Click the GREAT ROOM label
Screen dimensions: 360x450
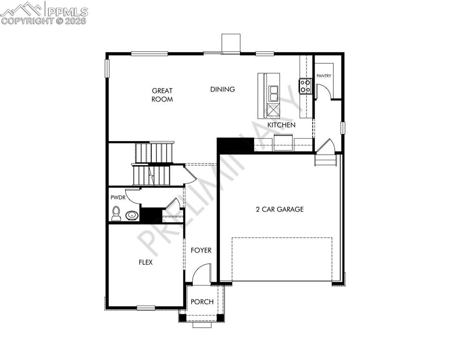(x=162, y=95)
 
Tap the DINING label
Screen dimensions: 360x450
(x=222, y=89)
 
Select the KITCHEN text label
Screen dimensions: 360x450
(x=281, y=125)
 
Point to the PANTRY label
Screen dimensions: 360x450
(x=324, y=75)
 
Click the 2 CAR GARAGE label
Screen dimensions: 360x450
(x=279, y=209)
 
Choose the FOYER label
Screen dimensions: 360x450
(x=201, y=250)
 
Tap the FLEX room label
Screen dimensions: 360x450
(x=145, y=262)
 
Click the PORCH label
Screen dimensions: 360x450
(x=202, y=302)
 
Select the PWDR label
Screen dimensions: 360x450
(x=118, y=198)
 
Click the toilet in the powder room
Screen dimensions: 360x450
(x=116, y=214)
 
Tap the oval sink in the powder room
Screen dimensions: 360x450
(x=132, y=216)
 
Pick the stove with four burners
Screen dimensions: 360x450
(x=305, y=86)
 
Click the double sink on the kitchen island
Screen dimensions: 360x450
(x=273, y=93)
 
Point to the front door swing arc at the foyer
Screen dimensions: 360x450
(x=202, y=274)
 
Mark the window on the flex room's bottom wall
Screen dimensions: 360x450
(x=146, y=307)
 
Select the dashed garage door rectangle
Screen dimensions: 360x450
(x=282, y=259)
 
